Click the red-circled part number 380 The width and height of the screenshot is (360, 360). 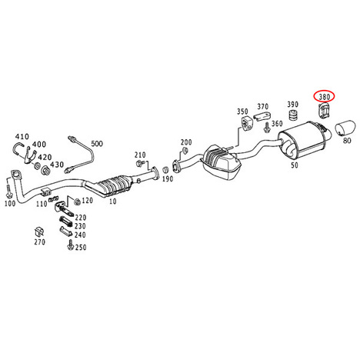click(x=324, y=97)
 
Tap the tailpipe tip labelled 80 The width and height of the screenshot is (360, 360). click(x=345, y=128)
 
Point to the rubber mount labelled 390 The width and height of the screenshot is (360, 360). click(x=292, y=115)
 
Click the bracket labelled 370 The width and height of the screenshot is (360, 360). click(x=262, y=116)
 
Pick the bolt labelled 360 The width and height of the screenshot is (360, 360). click(x=267, y=128)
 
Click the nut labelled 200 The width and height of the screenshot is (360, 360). click(x=184, y=151)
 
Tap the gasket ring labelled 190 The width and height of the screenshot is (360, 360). click(x=165, y=169)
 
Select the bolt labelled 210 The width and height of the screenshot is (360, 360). click(x=139, y=163)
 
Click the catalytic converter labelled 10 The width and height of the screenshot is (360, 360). click(x=113, y=185)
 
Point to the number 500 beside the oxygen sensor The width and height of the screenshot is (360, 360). click(x=97, y=144)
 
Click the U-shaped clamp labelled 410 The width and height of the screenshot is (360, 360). click(x=18, y=148)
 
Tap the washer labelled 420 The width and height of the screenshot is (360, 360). click(x=37, y=165)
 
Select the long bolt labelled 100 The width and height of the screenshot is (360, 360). click(x=8, y=191)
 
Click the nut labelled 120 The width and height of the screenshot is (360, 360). click(x=77, y=202)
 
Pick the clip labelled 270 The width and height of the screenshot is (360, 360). click(x=38, y=232)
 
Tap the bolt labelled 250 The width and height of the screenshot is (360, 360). click(x=70, y=245)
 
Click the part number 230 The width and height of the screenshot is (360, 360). click(x=80, y=226)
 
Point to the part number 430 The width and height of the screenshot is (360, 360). click(x=56, y=165)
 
